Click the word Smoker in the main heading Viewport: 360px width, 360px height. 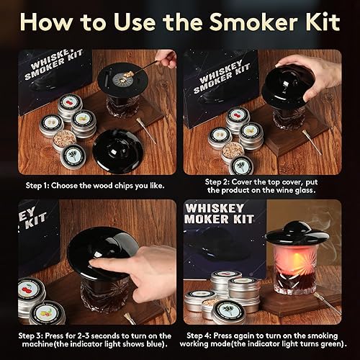251,22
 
